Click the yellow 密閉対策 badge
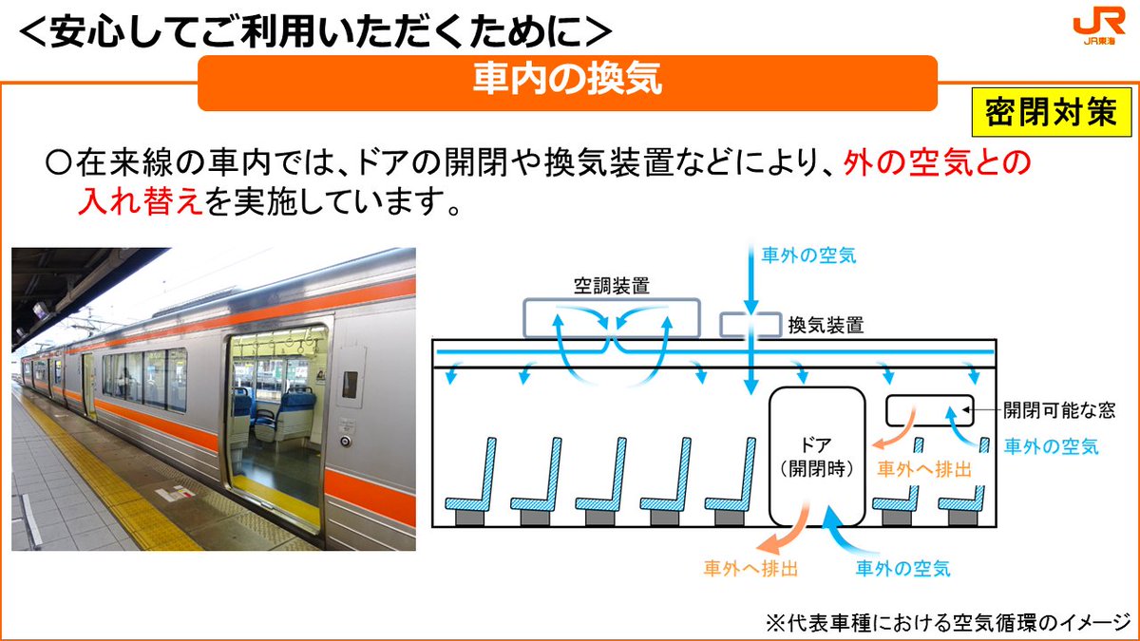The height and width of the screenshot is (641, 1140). (x=1049, y=114)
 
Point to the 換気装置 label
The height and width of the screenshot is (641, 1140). (x=826, y=325)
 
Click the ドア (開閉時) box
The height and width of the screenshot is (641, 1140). (x=817, y=456)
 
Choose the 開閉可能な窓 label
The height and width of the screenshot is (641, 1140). (x=1058, y=410)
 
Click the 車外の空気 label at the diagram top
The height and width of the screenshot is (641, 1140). (x=808, y=255)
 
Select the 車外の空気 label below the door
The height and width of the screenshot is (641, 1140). (x=902, y=570)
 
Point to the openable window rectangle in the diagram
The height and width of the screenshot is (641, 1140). (x=930, y=410)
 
